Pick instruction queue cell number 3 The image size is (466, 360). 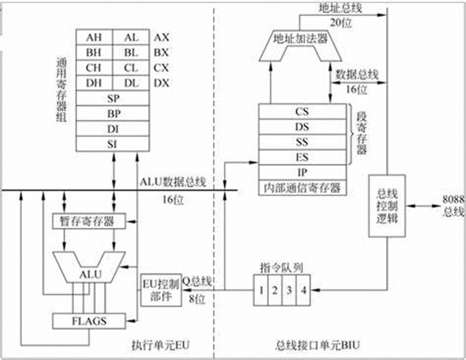click(x=288, y=291)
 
